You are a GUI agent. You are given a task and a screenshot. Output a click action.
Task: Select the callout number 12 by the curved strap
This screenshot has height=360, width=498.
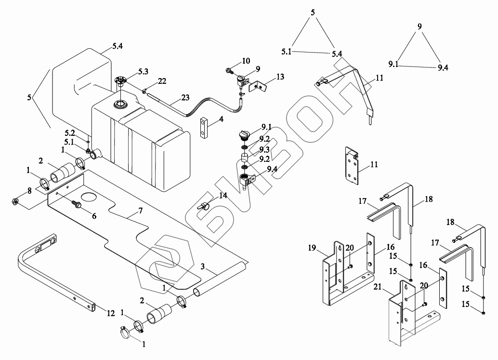pyautogui.click(x=110, y=314)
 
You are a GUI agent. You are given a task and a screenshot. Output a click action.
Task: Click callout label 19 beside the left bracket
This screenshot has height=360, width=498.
pyautogui.click(x=312, y=248)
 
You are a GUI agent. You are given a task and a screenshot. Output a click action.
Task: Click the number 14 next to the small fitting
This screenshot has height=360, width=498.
pyautogui.click(x=223, y=195)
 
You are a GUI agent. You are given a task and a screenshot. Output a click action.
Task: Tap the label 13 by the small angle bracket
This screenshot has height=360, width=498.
pyautogui.click(x=280, y=77)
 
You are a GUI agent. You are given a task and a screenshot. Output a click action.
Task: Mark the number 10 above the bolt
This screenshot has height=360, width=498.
pyautogui.click(x=246, y=61)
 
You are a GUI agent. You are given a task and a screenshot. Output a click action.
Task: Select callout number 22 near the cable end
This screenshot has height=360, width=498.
pyautogui.click(x=162, y=80)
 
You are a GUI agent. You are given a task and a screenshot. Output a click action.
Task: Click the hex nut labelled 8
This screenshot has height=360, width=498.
pyautogui.click(x=15, y=201)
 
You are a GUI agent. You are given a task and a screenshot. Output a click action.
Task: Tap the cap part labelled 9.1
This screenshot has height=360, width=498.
pyautogui.click(x=244, y=133)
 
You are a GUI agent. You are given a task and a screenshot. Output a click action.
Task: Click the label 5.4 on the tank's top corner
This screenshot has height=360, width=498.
pyautogui.click(x=117, y=46)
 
